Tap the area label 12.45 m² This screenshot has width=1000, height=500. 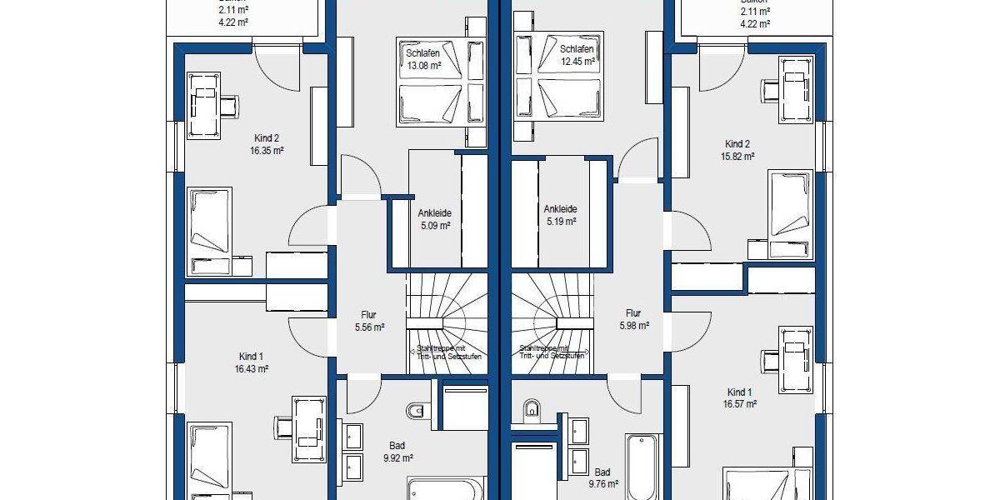(x=577, y=61)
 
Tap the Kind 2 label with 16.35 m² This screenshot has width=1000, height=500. (x=267, y=145)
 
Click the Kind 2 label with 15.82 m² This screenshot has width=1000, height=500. (x=737, y=149)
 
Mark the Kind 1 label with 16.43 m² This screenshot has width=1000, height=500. (x=253, y=362)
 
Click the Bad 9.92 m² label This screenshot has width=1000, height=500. (x=397, y=451)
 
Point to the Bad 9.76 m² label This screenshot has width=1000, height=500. (x=602, y=477)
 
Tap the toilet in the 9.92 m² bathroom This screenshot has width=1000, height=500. (x=417, y=410)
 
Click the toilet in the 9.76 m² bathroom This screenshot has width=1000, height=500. (x=532, y=409)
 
